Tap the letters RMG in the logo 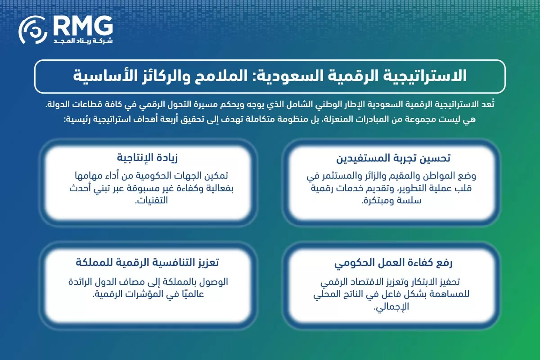pos(82,26)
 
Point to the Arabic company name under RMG pos(83,41)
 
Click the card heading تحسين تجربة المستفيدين pos(393,158)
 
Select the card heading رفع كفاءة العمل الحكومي pos(393,262)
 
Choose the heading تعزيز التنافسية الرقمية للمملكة pos(147,262)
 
